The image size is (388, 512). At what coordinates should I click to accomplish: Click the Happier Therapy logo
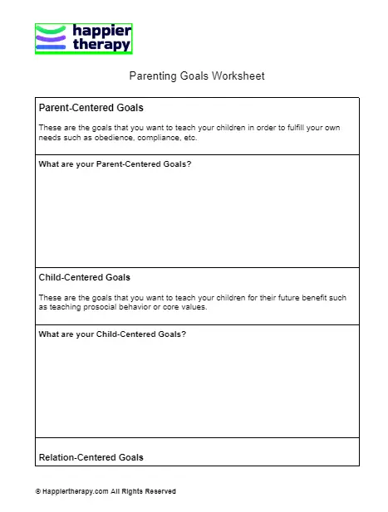(83, 38)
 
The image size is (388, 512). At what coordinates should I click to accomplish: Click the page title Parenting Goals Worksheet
(197, 76)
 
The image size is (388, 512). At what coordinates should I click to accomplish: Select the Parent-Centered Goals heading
(91, 108)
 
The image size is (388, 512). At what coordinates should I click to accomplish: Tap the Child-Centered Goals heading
(85, 277)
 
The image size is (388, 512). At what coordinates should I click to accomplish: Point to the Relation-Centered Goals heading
(91, 457)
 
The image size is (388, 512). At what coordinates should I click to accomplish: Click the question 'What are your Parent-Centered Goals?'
(115, 164)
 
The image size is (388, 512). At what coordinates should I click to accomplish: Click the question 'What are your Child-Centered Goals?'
(112, 334)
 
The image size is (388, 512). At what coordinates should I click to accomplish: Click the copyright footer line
(106, 491)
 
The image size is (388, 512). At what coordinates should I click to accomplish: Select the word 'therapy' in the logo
(101, 45)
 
